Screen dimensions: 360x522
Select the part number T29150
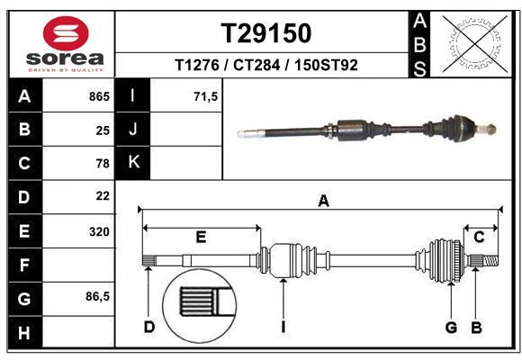pos(266,33)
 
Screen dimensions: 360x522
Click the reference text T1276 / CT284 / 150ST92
pos(266,65)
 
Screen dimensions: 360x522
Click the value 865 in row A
pos(99,96)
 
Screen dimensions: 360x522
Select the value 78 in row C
pos(103,163)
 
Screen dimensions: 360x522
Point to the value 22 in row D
pos(103,195)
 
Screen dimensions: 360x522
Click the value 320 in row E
pos(99,231)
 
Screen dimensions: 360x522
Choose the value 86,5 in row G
pos(97,296)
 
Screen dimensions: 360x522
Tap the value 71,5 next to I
pos(206,96)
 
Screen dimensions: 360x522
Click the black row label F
pos(24,265)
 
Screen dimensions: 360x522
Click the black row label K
pos(133,163)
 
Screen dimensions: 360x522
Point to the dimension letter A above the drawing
pos(322,202)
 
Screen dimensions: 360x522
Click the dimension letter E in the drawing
pos(201,237)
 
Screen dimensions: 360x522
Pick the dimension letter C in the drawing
pos(479,237)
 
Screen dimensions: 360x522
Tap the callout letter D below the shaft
pos(149,326)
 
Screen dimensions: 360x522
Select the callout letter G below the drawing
pos(451,326)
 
